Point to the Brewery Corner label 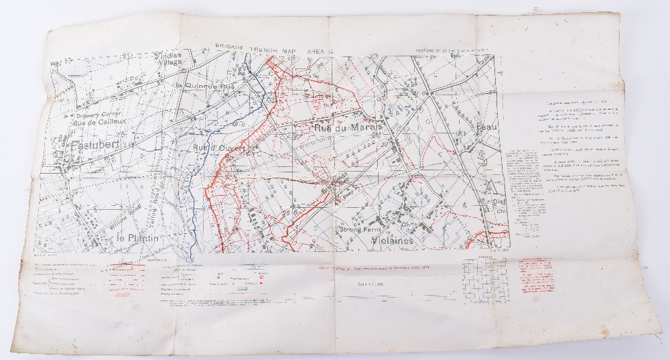click(x=99, y=115)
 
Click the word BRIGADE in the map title click(x=234, y=46)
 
